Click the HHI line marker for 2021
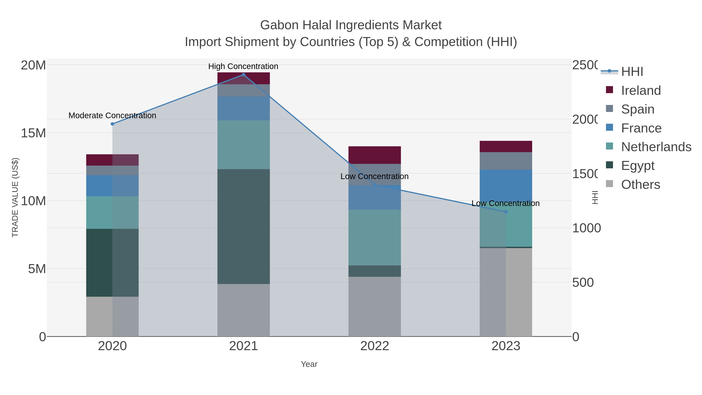point(243,75)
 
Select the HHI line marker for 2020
point(112,124)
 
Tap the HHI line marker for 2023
point(506,212)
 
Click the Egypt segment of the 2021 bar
point(243,226)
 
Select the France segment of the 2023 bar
point(506,185)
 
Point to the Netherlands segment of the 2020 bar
point(112,212)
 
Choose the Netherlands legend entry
point(656,147)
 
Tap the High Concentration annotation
point(243,66)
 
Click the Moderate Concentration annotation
point(112,116)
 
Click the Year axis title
point(309,364)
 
